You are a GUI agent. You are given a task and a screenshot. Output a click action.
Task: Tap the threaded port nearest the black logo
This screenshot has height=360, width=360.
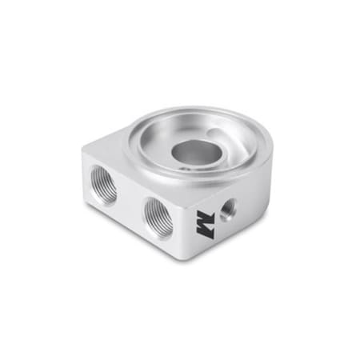point(158,217)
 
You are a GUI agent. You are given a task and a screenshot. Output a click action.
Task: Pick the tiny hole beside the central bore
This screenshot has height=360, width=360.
point(185,170)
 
